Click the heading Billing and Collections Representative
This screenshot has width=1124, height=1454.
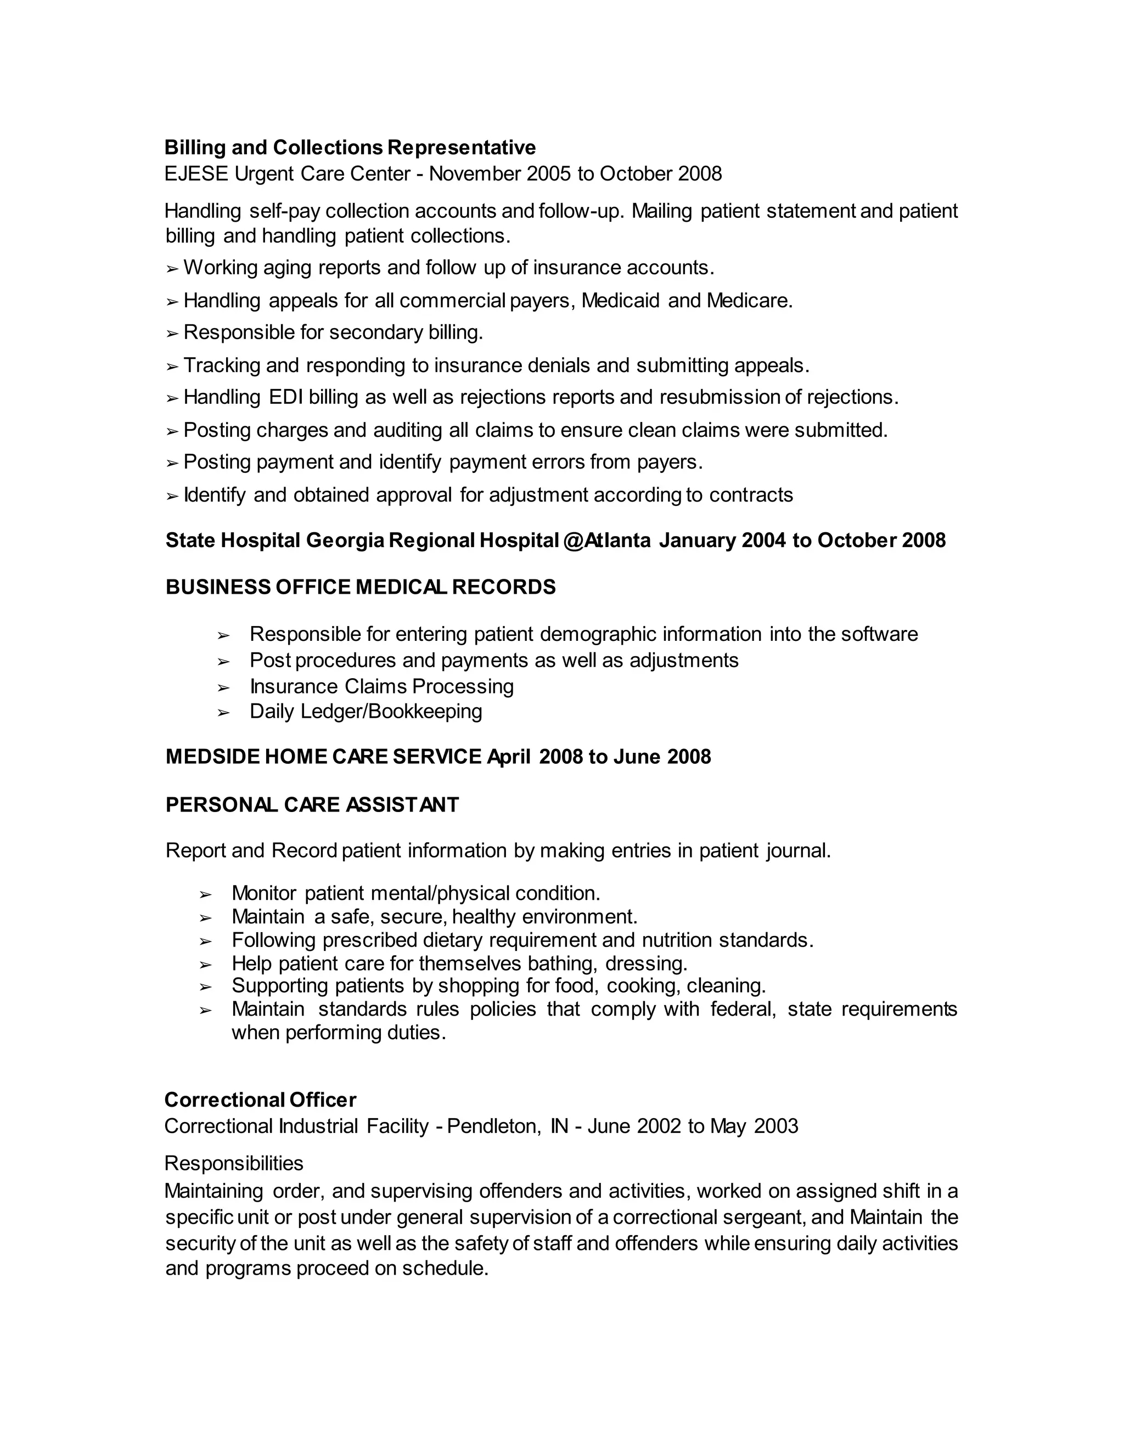tap(350, 147)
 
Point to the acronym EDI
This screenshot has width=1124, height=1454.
tap(285, 397)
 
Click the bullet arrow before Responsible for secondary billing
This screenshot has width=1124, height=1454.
tap(172, 333)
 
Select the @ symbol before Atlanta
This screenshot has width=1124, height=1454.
tap(572, 540)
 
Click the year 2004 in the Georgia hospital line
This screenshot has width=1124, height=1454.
tap(764, 540)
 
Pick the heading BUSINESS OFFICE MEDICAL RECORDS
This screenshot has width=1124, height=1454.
tap(360, 587)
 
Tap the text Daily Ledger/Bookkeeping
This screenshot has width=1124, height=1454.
tap(366, 711)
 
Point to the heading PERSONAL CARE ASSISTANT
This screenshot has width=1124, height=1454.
tap(312, 804)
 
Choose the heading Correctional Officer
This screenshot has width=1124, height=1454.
tap(260, 1099)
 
